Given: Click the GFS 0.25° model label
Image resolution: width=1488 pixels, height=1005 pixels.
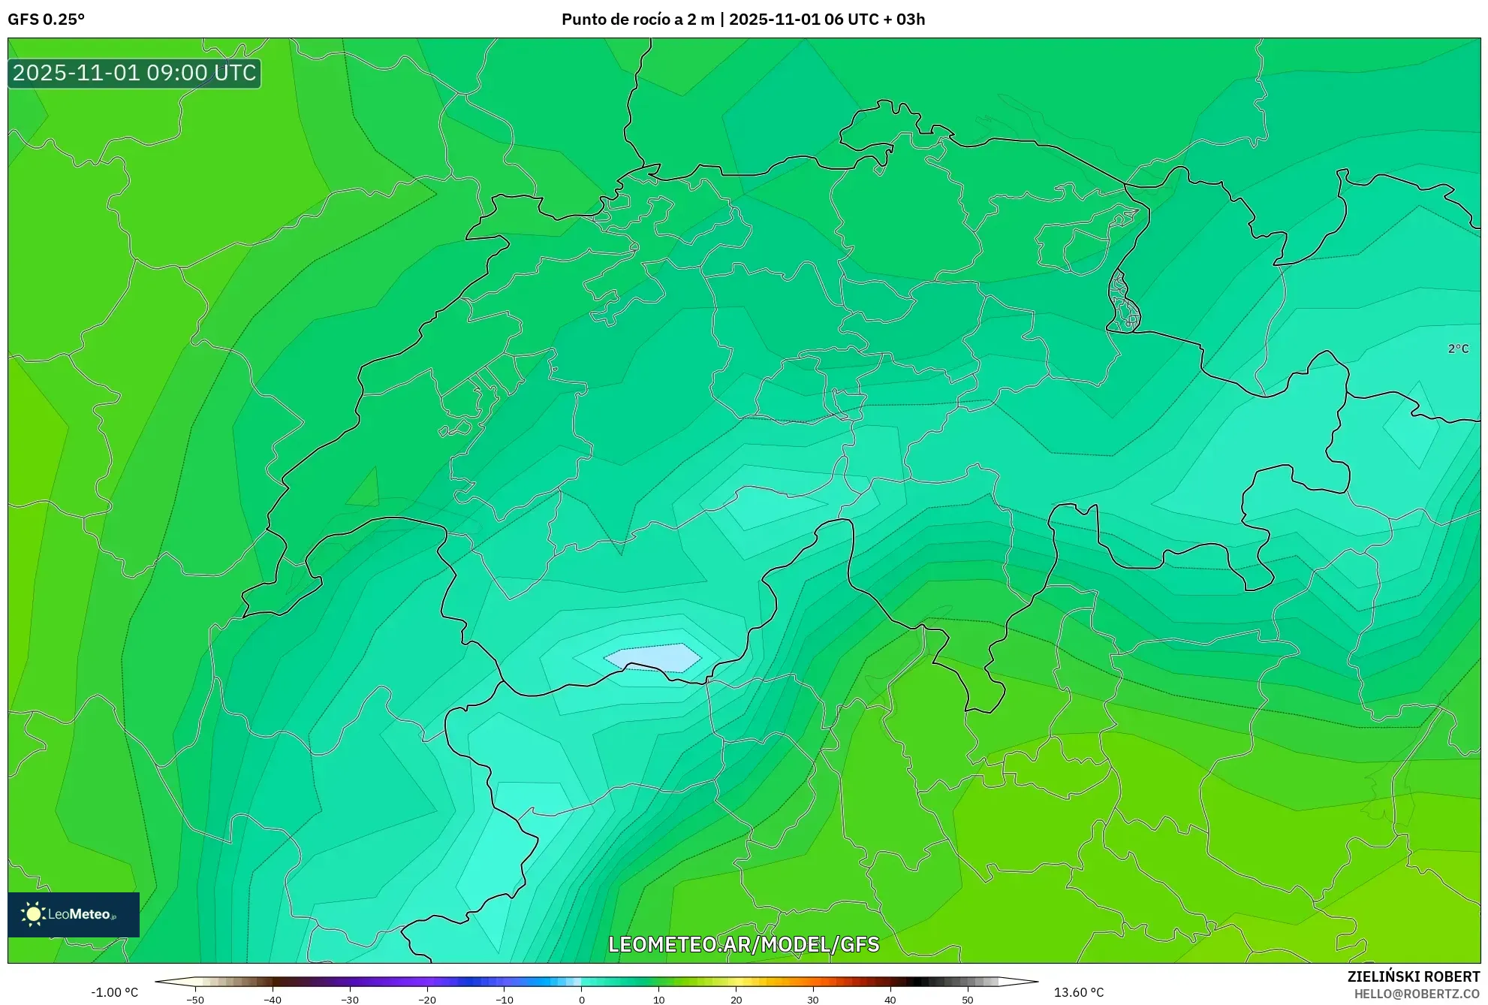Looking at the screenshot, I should tap(46, 19).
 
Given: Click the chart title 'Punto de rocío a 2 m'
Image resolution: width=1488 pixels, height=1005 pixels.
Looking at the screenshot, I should tap(638, 19).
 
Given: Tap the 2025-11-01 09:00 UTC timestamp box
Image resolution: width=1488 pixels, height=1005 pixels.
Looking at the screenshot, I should tap(134, 73).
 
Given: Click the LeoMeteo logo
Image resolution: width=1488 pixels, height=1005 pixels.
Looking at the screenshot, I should tap(74, 914).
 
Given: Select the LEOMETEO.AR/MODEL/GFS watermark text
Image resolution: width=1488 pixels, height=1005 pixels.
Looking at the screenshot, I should tap(743, 944).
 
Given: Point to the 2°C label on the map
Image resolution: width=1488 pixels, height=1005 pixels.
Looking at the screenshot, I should tap(1458, 349).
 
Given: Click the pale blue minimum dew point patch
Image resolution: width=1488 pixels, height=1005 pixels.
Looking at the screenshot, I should tap(652, 657).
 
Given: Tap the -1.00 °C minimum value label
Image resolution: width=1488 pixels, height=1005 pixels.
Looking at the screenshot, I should tap(115, 992).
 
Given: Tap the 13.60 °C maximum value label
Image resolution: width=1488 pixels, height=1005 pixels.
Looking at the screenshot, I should tap(1079, 992).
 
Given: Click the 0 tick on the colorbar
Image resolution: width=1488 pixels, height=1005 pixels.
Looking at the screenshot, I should tap(582, 999).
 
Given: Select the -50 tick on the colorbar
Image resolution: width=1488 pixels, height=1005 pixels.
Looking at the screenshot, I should tap(195, 999).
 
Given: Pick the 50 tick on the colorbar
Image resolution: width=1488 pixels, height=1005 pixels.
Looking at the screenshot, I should tap(967, 999).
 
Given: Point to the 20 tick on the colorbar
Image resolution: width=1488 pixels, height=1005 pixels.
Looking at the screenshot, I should tap(736, 999).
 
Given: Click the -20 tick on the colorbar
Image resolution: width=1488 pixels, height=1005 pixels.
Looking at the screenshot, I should tap(427, 999).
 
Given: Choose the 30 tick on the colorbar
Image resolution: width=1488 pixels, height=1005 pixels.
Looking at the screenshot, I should tap(813, 999).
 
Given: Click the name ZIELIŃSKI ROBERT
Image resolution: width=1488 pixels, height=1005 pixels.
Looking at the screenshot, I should tap(1414, 976).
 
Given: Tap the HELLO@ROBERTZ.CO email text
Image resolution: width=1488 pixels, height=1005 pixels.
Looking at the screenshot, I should tap(1417, 994).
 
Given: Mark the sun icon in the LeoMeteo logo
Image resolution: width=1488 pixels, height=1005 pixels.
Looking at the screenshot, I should tap(33, 914).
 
